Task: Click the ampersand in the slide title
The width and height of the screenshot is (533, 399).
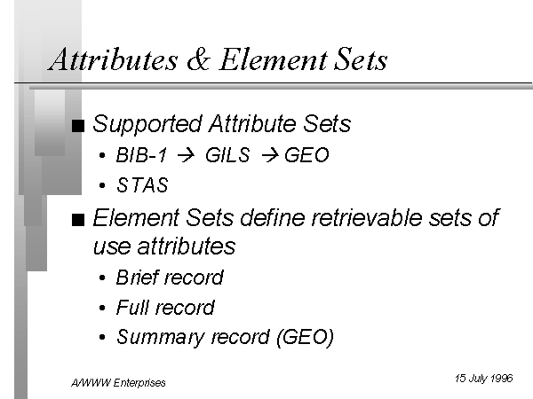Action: click(x=198, y=59)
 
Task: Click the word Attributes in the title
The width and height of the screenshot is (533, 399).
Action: click(x=113, y=59)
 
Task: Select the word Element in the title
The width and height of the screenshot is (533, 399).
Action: click(x=274, y=59)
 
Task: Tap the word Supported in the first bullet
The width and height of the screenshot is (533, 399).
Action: click(x=147, y=124)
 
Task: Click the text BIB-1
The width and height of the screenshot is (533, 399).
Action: click(x=141, y=155)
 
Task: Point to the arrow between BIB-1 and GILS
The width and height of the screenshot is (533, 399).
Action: click(x=186, y=155)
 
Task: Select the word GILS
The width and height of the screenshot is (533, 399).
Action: click(x=227, y=155)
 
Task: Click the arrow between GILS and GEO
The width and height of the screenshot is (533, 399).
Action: click(x=270, y=155)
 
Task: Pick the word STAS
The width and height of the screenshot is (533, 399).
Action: click(x=142, y=185)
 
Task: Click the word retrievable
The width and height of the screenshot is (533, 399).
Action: click(x=366, y=217)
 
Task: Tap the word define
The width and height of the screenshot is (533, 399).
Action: click(x=273, y=217)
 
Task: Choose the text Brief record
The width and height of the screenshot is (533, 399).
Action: click(x=170, y=278)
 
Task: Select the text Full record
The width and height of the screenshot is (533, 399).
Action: click(x=165, y=308)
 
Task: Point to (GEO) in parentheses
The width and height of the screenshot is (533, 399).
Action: click(x=306, y=338)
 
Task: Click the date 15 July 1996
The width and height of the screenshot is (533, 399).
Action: click(x=484, y=379)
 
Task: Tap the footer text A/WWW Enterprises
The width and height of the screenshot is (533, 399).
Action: click(x=118, y=383)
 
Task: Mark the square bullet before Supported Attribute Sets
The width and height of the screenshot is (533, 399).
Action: click(x=78, y=126)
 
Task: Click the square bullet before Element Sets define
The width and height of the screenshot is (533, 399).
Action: click(x=78, y=220)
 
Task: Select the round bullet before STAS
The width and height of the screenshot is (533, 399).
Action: click(x=102, y=185)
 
